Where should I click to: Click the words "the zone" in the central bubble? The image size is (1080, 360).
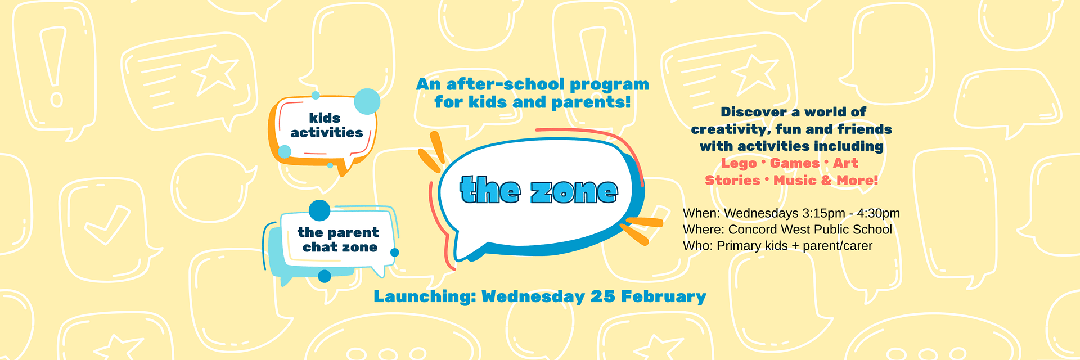[x=539, y=190]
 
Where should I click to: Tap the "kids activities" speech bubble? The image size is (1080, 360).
[x=323, y=130]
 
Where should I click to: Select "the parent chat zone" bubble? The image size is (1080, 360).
[x=332, y=242]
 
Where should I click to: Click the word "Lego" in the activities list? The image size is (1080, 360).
[x=739, y=164]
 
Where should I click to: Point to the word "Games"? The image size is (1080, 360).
[x=795, y=163]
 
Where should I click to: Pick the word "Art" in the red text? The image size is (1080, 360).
[x=845, y=163]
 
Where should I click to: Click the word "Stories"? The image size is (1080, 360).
[x=732, y=180]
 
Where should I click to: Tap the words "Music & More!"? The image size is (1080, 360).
[x=826, y=180]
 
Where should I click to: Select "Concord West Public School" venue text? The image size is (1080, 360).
[x=810, y=229]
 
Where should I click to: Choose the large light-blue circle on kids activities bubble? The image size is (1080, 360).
[x=367, y=102]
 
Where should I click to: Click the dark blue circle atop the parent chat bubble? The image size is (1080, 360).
[x=319, y=210]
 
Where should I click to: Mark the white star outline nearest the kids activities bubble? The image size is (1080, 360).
[x=213, y=74]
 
